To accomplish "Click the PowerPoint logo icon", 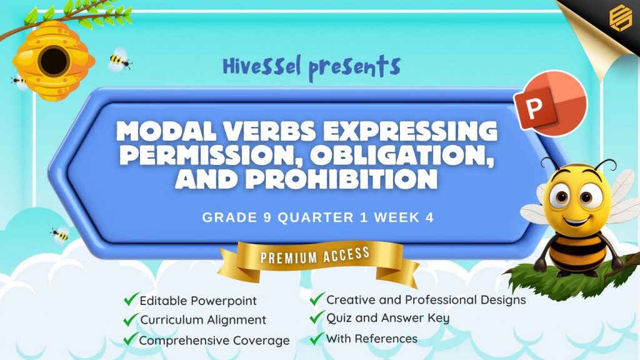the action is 550,104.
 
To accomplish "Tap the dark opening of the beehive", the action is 54,61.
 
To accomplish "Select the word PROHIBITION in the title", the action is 341,179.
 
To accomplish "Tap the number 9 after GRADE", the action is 267,217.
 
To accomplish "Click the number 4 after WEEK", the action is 429,217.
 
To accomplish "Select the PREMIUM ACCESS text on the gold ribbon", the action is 315,256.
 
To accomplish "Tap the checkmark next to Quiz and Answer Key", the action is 317,317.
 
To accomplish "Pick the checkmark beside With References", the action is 317,338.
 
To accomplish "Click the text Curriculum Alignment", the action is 203,320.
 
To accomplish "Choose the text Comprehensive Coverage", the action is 214,341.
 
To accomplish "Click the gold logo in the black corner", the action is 621,17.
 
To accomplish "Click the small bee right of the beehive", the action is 119,61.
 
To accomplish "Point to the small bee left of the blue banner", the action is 60,235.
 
